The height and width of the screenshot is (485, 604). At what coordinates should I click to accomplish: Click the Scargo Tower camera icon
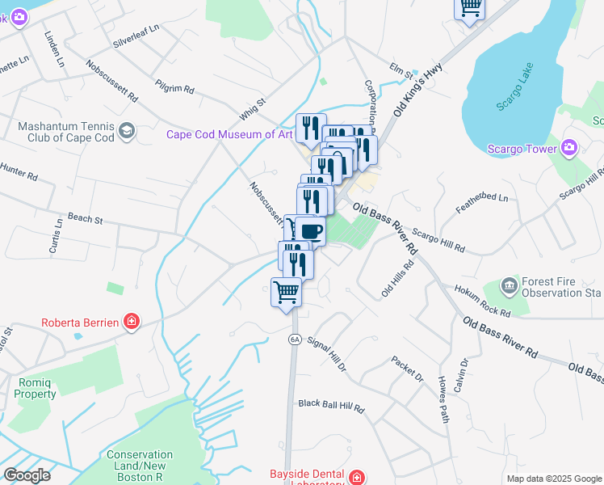click(x=570, y=148)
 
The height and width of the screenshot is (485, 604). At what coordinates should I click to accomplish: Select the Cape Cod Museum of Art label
click(x=229, y=134)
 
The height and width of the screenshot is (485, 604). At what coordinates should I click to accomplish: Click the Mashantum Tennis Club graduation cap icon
click(x=126, y=131)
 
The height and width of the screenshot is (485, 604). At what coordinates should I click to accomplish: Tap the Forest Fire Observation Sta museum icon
click(x=509, y=285)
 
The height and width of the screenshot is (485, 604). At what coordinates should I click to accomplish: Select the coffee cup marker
click(x=310, y=230)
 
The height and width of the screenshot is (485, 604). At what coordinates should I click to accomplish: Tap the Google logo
click(x=27, y=475)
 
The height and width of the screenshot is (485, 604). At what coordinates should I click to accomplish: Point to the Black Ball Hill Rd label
click(x=331, y=403)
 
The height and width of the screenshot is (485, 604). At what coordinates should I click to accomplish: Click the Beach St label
click(x=86, y=218)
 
